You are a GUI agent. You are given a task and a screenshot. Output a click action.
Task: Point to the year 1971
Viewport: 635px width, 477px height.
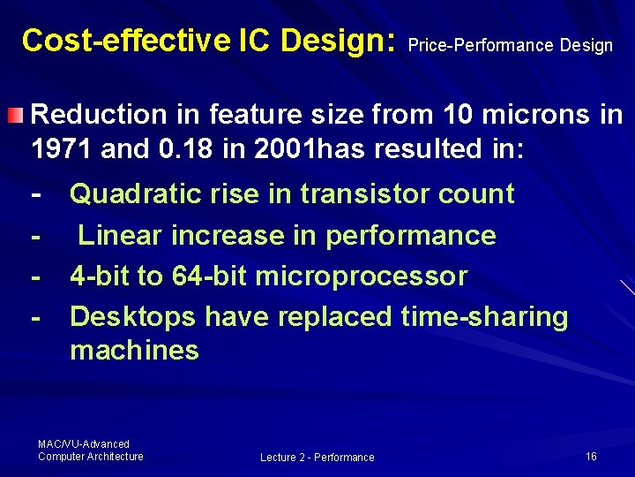point(63,148)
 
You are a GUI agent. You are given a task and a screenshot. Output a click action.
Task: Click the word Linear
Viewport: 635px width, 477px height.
point(119,235)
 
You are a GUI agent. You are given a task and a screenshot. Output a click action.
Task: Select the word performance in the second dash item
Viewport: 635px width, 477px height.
point(411,235)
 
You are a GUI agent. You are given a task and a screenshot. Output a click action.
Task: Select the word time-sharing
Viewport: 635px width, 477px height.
point(484,316)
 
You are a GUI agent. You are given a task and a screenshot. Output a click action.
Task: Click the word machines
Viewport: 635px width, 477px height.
point(134,350)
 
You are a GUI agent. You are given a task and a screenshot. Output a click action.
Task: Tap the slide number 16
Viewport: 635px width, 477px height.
point(591,456)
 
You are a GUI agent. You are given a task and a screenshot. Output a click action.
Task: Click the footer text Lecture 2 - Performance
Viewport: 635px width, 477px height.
point(317,457)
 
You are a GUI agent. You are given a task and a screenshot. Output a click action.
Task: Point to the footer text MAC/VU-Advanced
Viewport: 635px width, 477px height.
point(84,443)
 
